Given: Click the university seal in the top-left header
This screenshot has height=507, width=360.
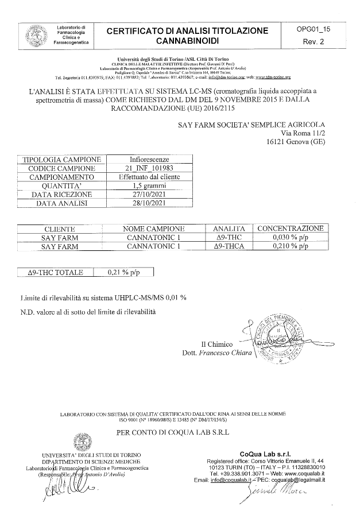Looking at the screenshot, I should (32, 36).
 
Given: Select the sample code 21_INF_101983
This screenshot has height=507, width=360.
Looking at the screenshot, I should (149, 168).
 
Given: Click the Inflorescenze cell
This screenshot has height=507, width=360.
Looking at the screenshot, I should (149, 159).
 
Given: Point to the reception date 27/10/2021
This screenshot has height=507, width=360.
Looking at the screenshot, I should (149, 195).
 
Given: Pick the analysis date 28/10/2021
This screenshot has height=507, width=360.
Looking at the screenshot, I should (149, 203).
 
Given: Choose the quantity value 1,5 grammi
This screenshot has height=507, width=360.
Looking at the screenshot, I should (149, 186).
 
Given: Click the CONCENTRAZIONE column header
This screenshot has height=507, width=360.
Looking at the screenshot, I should (291, 228).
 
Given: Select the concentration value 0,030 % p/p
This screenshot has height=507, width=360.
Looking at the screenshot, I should (291, 237).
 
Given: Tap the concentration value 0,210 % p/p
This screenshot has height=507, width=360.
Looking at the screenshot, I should (291, 246).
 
